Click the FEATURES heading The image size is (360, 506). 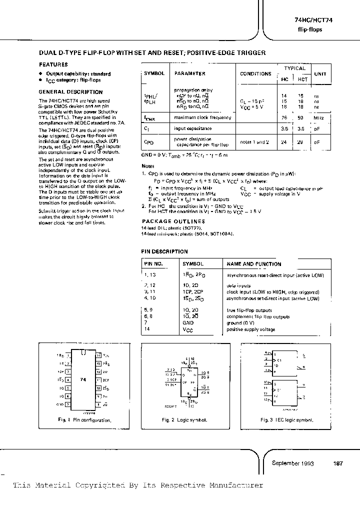pos(53,64)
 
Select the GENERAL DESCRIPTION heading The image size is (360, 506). pos(70,92)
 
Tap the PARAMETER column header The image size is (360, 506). pos(189,73)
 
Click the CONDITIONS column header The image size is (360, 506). pos(255,73)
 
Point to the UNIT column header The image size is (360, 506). pos(320,73)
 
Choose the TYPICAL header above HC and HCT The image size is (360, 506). pos(294,68)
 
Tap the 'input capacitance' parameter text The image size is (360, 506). pos(194,129)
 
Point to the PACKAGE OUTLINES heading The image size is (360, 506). pos(173,221)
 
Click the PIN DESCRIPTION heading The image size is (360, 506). pos(164,251)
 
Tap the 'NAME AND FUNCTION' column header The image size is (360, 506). pos(254,264)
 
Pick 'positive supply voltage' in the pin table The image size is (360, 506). pos(251,329)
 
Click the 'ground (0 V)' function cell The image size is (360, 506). pos(240,323)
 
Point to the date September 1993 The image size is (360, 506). pos(292,463)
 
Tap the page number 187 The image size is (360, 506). pos(338,463)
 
